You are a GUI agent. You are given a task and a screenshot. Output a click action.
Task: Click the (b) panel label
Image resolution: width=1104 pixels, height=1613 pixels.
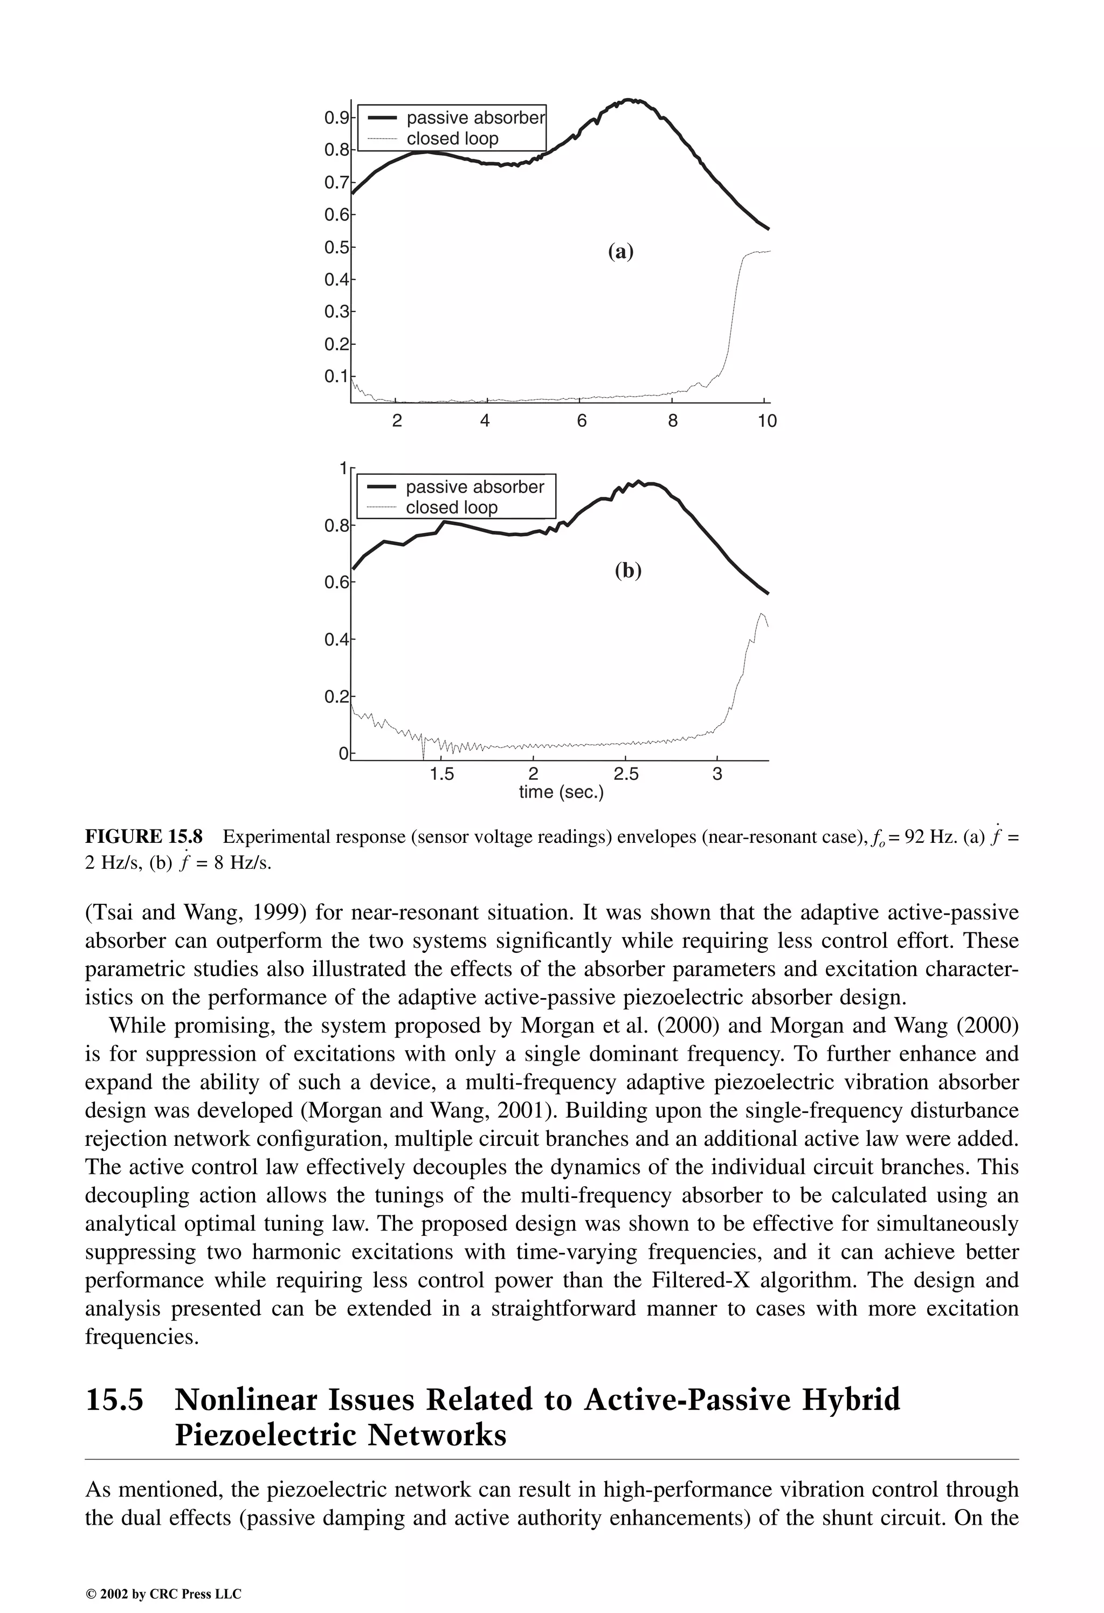coord(627,571)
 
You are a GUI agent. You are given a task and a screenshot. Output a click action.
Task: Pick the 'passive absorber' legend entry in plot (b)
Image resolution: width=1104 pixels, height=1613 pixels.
coord(475,487)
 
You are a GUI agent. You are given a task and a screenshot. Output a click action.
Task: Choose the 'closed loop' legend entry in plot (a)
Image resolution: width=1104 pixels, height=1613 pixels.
coord(452,139)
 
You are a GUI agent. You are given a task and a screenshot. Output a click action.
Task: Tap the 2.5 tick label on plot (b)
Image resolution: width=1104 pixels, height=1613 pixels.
coord(625,774)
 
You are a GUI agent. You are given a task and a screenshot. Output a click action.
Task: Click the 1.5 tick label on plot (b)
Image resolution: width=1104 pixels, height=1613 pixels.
coord(441,774)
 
